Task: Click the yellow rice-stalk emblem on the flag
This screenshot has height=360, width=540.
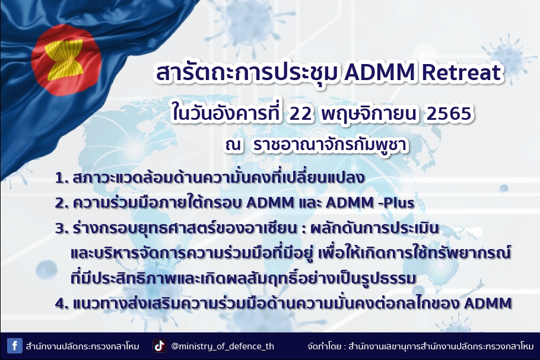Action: point(65,59)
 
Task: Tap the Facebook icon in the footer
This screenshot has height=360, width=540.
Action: point(15,346)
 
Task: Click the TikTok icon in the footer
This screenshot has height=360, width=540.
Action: point(160,346)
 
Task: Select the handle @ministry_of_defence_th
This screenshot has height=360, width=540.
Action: point(223,346)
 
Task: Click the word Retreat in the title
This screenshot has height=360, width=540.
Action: point(461,72)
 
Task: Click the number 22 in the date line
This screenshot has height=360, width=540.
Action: point(300,114)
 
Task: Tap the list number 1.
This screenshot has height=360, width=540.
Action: point(61,179)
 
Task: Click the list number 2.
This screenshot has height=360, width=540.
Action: point(61,203)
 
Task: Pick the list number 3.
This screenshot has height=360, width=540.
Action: point(61,228)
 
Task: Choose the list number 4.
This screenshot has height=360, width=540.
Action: point(62,304)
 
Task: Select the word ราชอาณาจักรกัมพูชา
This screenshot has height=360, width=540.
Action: point(331,145)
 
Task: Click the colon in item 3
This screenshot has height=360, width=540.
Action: point(303,230)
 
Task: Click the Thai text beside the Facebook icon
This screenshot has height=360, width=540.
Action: point(82,346)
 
